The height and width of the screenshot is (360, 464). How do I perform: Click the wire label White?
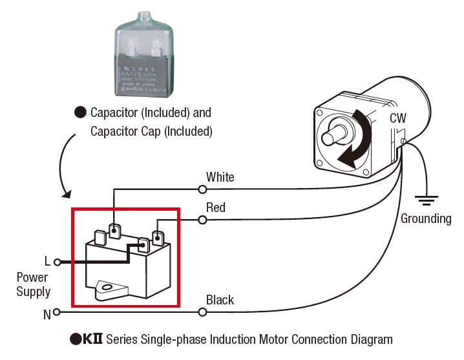[220, 176]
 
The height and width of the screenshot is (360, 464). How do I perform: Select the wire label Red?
[216, 207]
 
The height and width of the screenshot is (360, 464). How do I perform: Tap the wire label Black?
[220, 300]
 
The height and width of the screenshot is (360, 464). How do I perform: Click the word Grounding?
[426, 218]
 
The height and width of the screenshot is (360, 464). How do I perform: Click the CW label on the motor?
[398, 118]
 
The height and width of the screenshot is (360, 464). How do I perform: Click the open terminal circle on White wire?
[202, 189]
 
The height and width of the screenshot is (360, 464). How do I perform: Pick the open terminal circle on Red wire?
[202, 220]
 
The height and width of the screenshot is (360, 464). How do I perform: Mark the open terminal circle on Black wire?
[202, 312]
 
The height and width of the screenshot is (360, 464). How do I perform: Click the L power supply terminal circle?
[57, 262]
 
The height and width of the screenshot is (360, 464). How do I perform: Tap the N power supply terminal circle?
[57, 312]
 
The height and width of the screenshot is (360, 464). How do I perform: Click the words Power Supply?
[34, 284]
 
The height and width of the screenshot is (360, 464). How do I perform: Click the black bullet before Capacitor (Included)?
[80, 112]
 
